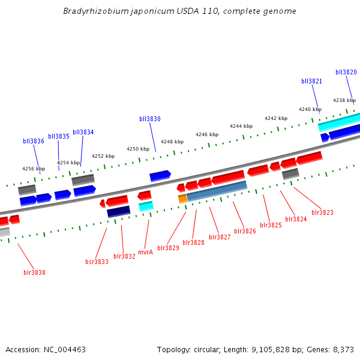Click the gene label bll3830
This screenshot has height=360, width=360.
click(x=149, y=119)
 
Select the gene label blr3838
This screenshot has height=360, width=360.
click(x=34, y=272)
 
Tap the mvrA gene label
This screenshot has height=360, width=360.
click(x=145, y=252)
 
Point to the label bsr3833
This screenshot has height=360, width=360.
click(x=97, y=262)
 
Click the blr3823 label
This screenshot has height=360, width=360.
click(x=322, y=212)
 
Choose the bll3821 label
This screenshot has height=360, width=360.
click(x=311, y=81)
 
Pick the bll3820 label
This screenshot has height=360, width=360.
click(x=346, y=72)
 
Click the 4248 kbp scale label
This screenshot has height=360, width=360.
click(x=172, y=142)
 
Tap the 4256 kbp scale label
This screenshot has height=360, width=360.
click(x=34, y=169)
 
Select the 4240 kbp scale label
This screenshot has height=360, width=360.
click(x=310, y=109)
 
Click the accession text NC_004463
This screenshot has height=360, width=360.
click(x=66, y=349)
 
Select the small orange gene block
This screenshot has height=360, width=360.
click(x=182, y=199)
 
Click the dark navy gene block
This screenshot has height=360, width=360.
click(x=118, y=211)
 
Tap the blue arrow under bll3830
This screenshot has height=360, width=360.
click(x=160, y=175)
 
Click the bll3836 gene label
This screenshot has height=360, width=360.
click(x=34, y=141)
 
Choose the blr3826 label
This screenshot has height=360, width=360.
click(x=245, y=231)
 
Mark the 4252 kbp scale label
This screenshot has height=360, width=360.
click(x=103, y=156)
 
